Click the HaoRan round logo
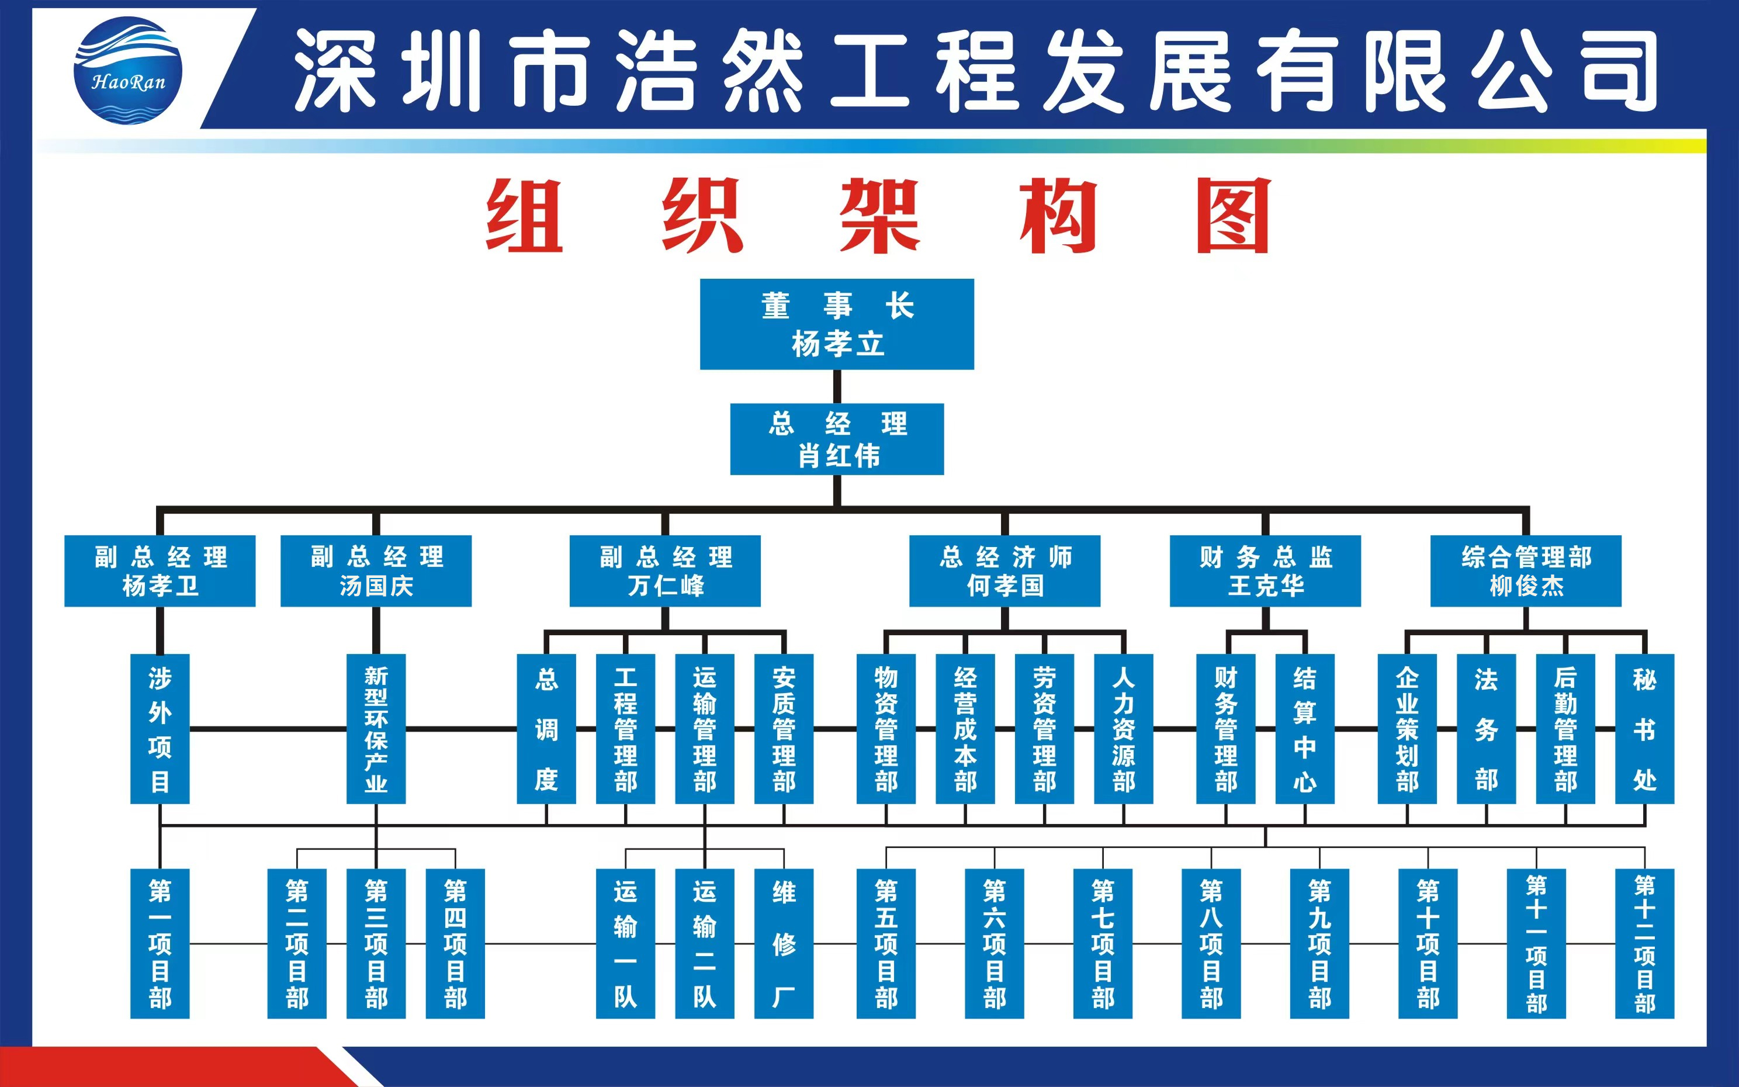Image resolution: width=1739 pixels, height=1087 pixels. [x=128, y=71]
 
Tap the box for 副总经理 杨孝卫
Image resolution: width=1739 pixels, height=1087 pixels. [x=160, y=571]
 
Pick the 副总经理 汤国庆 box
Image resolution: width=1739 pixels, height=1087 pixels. [x=376, y=571]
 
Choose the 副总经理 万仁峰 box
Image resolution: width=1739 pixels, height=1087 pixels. [x=665, y=571]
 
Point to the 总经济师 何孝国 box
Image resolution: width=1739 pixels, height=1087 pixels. [x=1004, y=571]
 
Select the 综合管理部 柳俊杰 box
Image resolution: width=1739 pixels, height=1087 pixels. [x=1526, y=571]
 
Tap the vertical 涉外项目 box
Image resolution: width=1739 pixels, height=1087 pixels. [x=160, y=728]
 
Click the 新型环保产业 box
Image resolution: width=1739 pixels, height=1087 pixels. [x=376, y=728]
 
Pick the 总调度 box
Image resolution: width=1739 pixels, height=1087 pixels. [x=546, y=728]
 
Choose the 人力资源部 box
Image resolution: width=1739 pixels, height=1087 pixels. [x=1123, y=728]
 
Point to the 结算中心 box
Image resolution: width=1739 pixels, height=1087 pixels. [x=1304, y=728]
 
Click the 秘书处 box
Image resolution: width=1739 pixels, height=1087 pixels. [x=1644, y=728]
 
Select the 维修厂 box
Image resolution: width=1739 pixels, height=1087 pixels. [x=783, y=943]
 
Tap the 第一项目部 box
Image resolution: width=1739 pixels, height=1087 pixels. [x=160, y=943]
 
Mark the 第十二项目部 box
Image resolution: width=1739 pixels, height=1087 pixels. [x=1644, y=943]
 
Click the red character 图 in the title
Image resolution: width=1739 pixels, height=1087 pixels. [x=1233, y=216]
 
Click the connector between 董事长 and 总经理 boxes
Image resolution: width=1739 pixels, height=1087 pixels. [x=837, y=386]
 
